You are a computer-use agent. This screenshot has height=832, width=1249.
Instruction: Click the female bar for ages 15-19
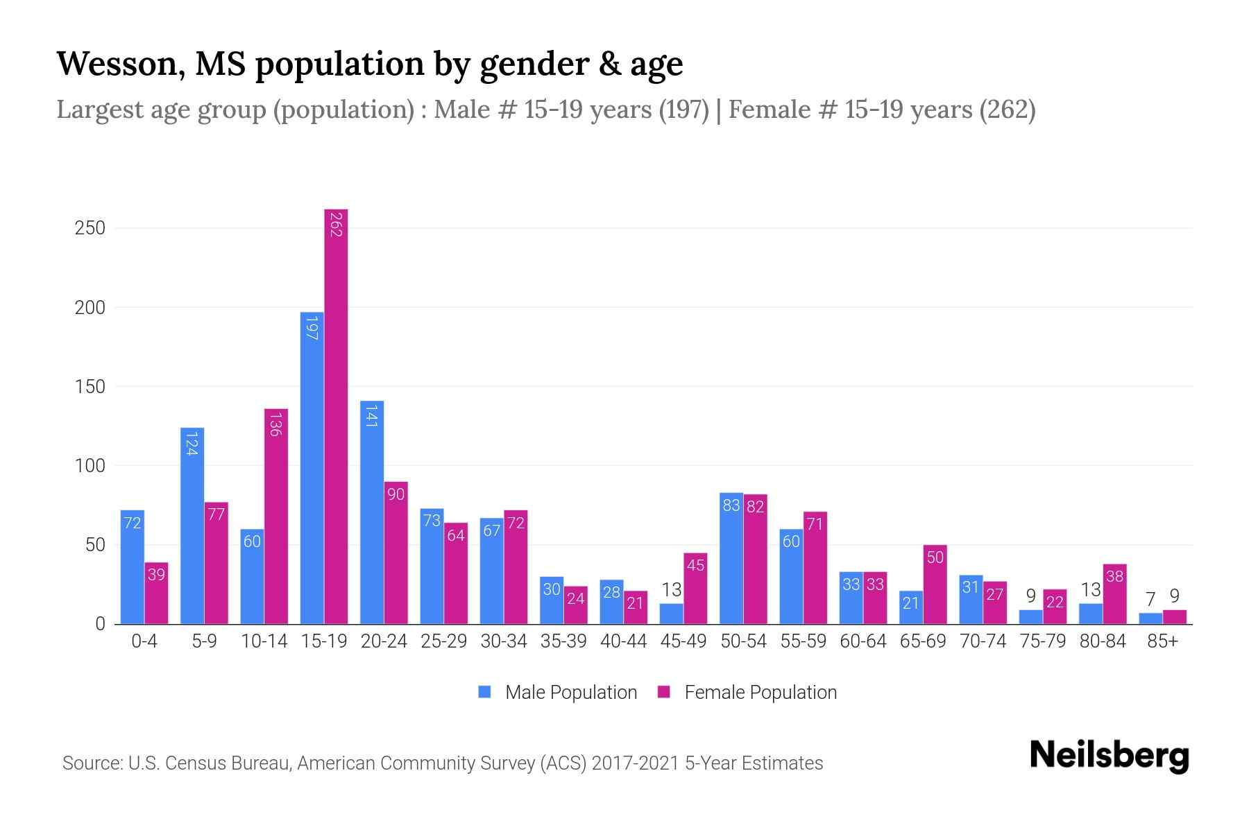(x=336, y=416)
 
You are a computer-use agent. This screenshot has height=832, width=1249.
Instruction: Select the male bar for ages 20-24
(x=372, y=513)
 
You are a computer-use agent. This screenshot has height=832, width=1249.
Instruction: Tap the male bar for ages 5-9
(x=192, y=527)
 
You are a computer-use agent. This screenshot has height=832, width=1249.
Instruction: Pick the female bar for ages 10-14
(x=276, y=517)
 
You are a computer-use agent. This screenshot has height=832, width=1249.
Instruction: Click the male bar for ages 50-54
(x=731, y=559)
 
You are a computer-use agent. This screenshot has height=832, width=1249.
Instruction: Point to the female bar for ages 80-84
(x=1114, y=594)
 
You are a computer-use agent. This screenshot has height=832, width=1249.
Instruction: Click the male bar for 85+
(x=1150, y=618)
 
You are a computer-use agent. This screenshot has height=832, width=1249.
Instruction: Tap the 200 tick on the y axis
(x=90, y=308)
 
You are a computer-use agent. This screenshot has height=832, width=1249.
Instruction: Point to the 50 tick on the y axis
(x=95, y=545)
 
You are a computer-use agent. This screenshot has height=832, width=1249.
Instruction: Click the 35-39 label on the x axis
(x=563, y=641)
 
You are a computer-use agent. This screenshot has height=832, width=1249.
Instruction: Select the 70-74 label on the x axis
(x=983, y=641)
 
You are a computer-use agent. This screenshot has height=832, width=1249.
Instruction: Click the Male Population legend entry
(x=558, y=693)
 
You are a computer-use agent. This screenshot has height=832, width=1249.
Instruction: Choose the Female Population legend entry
(x=748, y=693)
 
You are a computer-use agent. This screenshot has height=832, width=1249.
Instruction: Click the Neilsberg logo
(x=1109, y=756)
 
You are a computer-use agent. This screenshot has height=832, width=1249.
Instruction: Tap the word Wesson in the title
(x=119, y=64)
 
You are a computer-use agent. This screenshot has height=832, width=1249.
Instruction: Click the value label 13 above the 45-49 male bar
(x=671, y=590)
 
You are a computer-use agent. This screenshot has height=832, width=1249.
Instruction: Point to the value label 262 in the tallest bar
(x=336, y=225)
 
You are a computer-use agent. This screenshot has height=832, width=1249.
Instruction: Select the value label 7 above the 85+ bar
(x=1150, y=599)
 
